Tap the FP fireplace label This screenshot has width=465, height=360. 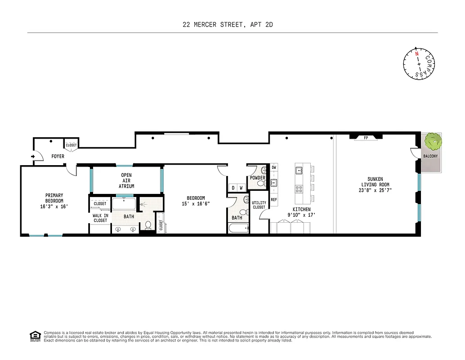366,138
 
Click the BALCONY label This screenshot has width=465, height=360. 430,156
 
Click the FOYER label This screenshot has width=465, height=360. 58,157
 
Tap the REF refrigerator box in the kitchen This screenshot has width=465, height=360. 273,199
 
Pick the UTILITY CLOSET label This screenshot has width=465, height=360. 259,205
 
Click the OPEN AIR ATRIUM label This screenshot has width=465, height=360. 126,180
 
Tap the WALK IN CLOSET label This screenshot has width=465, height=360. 100,218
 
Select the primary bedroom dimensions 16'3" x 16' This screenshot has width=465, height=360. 54,207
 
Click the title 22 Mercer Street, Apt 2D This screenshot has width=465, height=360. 228,25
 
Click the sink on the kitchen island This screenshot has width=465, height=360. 299,170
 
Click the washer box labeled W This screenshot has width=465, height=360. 241,188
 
